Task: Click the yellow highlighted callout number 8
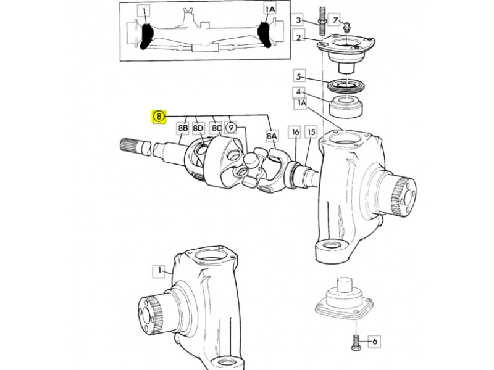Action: tap(159, 117)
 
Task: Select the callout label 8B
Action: tap(183, 128)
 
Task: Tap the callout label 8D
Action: tap(198, 128)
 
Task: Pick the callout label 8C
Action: tap(216, 128)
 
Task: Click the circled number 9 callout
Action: tap(231, 128)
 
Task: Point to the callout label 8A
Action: tap(272, 136)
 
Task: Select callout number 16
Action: tap(295, 132)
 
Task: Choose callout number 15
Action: tap(311, 132)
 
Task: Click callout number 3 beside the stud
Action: tap(298, 20)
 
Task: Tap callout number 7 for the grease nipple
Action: tap(335, 20)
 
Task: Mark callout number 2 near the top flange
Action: tap(299, 37)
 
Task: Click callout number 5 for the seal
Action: tap(299, 76)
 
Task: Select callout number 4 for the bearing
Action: tap(299, 92)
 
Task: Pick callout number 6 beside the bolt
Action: tap(375, 342)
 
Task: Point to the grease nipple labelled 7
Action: tap(347, 27)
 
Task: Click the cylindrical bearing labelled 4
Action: tap(346, 107)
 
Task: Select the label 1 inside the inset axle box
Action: tap(144, 12)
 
